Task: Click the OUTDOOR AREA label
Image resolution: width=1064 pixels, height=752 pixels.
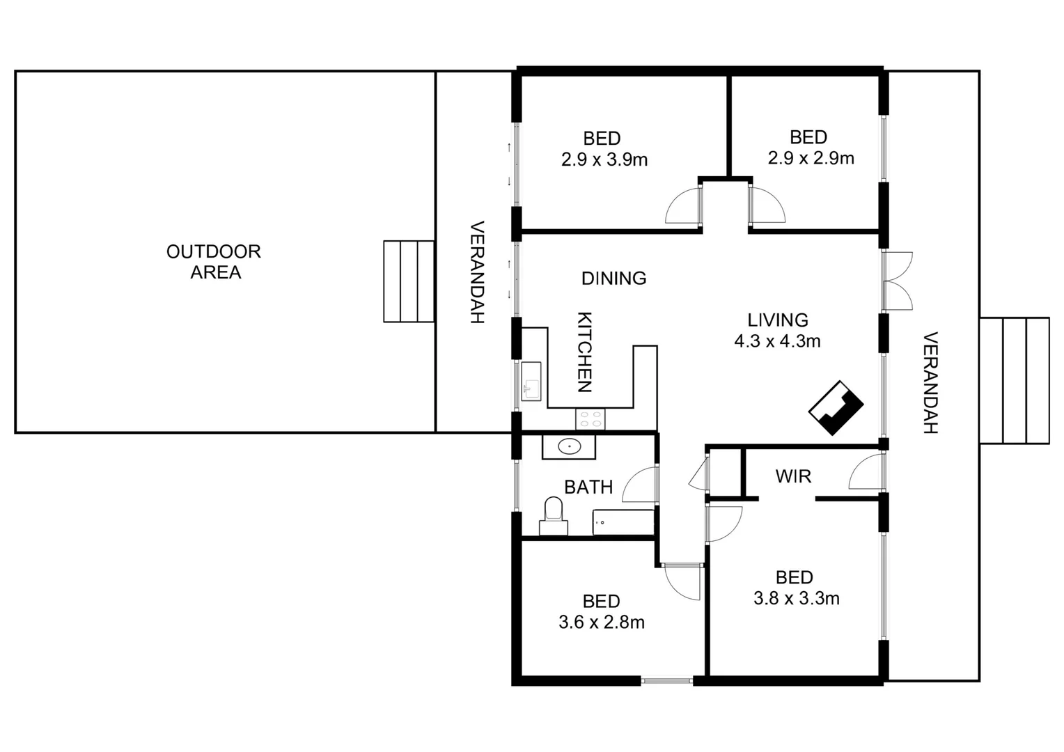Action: [x=214, y=262]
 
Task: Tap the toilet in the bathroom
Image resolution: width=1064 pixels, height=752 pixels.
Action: [x=553, y=511]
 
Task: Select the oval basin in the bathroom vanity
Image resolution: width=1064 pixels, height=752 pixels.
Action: [x=570, y=446]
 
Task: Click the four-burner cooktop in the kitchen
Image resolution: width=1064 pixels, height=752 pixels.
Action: [x=590, y=419]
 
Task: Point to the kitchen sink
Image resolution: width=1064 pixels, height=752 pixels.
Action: [x=531, y=382]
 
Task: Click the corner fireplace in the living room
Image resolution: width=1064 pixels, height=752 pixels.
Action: [x=836, y=408]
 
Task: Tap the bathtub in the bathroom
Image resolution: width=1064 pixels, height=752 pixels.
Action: [x=623, y=522]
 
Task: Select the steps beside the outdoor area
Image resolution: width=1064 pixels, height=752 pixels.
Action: [x=409, y=281]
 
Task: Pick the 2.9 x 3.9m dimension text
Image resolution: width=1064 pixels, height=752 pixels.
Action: [x=604, y=160]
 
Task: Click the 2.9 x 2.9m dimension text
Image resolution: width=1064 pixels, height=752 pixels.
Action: [x=811, y=159]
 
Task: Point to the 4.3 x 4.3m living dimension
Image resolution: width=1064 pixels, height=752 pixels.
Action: [x=777, y=341]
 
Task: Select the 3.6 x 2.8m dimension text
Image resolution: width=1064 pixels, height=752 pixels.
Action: [x=602, y=622]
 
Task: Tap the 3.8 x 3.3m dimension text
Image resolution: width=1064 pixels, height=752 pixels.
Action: [x=796, y=598]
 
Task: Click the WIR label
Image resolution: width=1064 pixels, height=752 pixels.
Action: [x=793, y=476]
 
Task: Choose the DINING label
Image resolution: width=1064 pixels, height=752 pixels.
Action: [x=613, y=279]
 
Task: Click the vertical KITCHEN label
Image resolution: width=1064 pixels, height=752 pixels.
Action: [x=585, y=352]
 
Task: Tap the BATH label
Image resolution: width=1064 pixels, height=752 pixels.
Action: [x=588, y=487]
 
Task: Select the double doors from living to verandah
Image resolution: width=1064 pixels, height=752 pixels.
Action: [x=898, y=281]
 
